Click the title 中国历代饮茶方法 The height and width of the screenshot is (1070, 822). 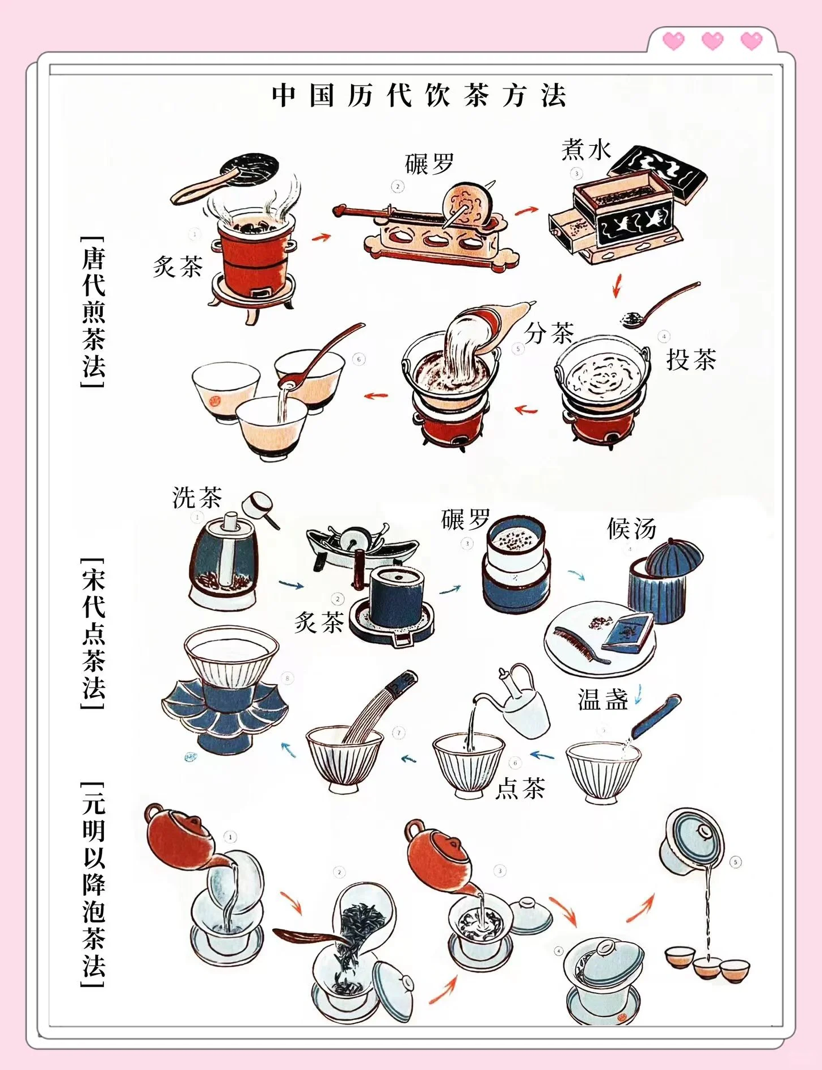coord(419,95)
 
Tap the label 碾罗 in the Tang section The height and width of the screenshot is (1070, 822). coord(429,164)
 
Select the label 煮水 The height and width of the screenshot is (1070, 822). coord(586,150)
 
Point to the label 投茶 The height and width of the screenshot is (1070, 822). coord(691,360)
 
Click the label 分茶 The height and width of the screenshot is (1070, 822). coord(549,333)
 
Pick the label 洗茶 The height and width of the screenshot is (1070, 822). coord(197,498)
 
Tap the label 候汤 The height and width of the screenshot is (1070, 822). coord(631,529)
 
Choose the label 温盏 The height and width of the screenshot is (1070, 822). coord(602,700)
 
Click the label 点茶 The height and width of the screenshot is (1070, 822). coord(520,789)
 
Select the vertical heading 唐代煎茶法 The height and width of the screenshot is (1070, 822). coord(94,312)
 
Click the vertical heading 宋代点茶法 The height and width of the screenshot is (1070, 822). coord(94,633)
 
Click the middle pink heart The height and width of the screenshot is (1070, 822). coord(713,41)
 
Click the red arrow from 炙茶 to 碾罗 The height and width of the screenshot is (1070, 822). coord(321,237)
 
